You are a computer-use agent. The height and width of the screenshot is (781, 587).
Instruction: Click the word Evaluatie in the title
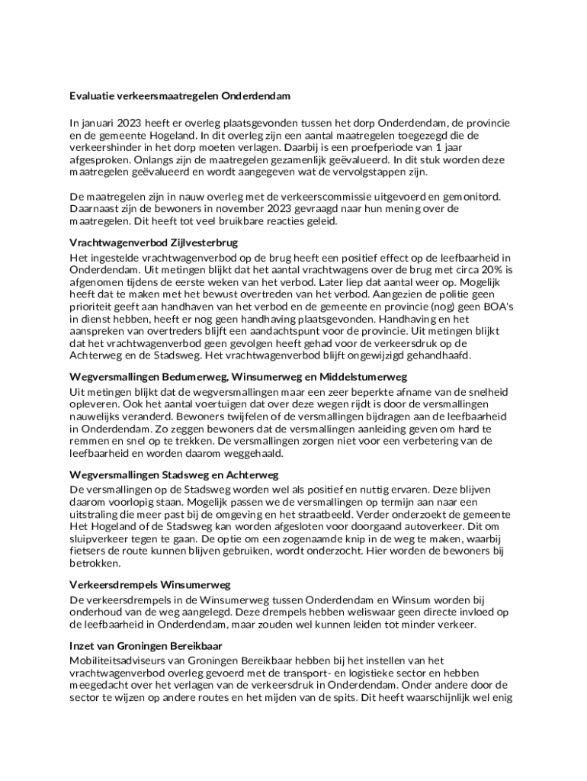pyautogui.click(x=93, y=97)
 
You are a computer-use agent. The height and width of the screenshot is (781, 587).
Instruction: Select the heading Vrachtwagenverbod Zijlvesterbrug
pyautogui.click(x=154, y=243)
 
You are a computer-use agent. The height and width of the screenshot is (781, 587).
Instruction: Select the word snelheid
pyautogui.click(x=483, y=392)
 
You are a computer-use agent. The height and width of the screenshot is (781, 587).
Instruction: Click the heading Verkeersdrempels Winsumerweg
pyautogui.click(x=149, y=585)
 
